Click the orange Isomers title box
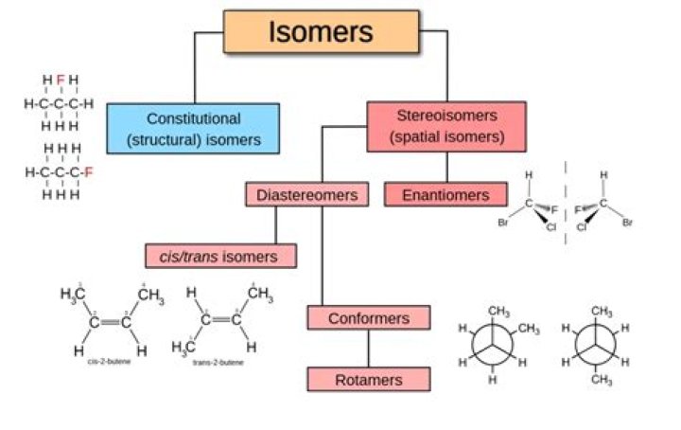321,31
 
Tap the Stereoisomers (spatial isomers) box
446,127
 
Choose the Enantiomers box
446,195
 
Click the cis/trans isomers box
220,256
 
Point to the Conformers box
368,317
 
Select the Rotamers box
368,380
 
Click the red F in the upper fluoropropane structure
61,80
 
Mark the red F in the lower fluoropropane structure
88,172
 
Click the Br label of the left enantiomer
503,224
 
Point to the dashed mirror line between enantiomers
566,204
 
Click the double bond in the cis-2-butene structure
110,322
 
